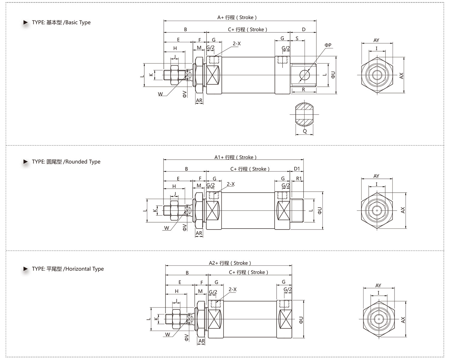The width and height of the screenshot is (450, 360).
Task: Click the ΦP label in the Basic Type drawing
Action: [328, 45]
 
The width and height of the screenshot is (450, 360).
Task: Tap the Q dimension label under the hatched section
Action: [305, 131]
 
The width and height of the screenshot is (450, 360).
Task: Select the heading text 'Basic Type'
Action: [78, 22]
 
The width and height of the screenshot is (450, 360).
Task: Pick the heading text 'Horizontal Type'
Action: [85, 269]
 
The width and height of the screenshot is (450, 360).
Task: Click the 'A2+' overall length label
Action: [214, 263]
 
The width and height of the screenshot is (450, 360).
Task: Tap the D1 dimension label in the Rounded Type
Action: [297, 169]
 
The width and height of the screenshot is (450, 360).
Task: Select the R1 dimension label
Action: [299, 178]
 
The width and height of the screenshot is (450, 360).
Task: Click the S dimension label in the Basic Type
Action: [297, 38]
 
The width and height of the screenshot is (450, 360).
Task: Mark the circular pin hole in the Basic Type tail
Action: [304, 75]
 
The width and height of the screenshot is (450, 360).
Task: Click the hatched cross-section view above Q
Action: [304, 114]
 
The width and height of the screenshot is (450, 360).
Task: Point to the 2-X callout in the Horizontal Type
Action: [232, 289]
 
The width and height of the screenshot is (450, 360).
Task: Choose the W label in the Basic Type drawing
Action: [160, 94]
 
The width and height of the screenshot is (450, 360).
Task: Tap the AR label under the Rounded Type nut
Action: [199, 233]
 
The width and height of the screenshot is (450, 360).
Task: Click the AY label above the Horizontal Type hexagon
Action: [378, 285]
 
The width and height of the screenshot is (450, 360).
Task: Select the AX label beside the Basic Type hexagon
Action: [401, 76]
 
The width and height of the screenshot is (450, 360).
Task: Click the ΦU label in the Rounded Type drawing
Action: [320, 210]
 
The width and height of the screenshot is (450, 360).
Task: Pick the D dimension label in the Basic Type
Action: [304, 29]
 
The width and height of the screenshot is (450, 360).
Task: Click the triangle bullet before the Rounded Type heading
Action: [25, 162]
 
